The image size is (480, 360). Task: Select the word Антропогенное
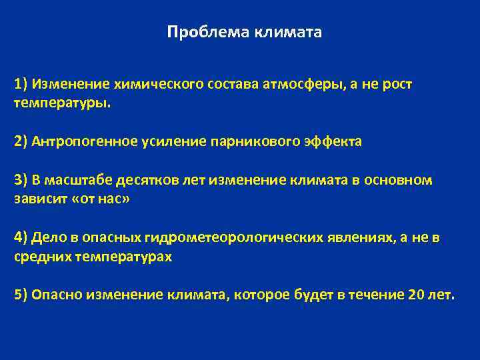pyautogui.click(x=83, y=141)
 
